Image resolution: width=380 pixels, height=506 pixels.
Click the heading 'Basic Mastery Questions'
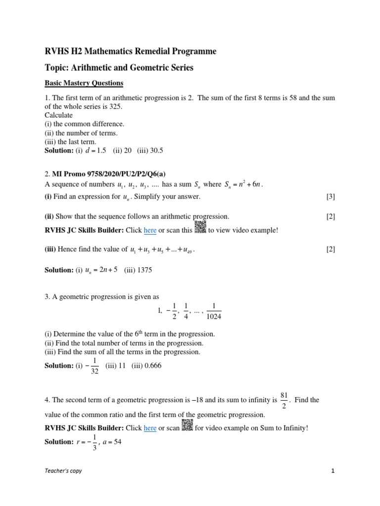click(84, 83)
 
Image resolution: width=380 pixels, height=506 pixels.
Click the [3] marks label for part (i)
click(331, 197)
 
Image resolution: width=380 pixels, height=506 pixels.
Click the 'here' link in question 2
click(150, 230)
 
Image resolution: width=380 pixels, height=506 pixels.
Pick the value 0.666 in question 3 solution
click(151, 366)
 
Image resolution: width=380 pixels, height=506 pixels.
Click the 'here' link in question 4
click(150, 428)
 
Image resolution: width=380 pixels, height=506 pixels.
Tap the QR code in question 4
click(187, 426)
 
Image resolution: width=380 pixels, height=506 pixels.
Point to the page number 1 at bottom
click(333, 471)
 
